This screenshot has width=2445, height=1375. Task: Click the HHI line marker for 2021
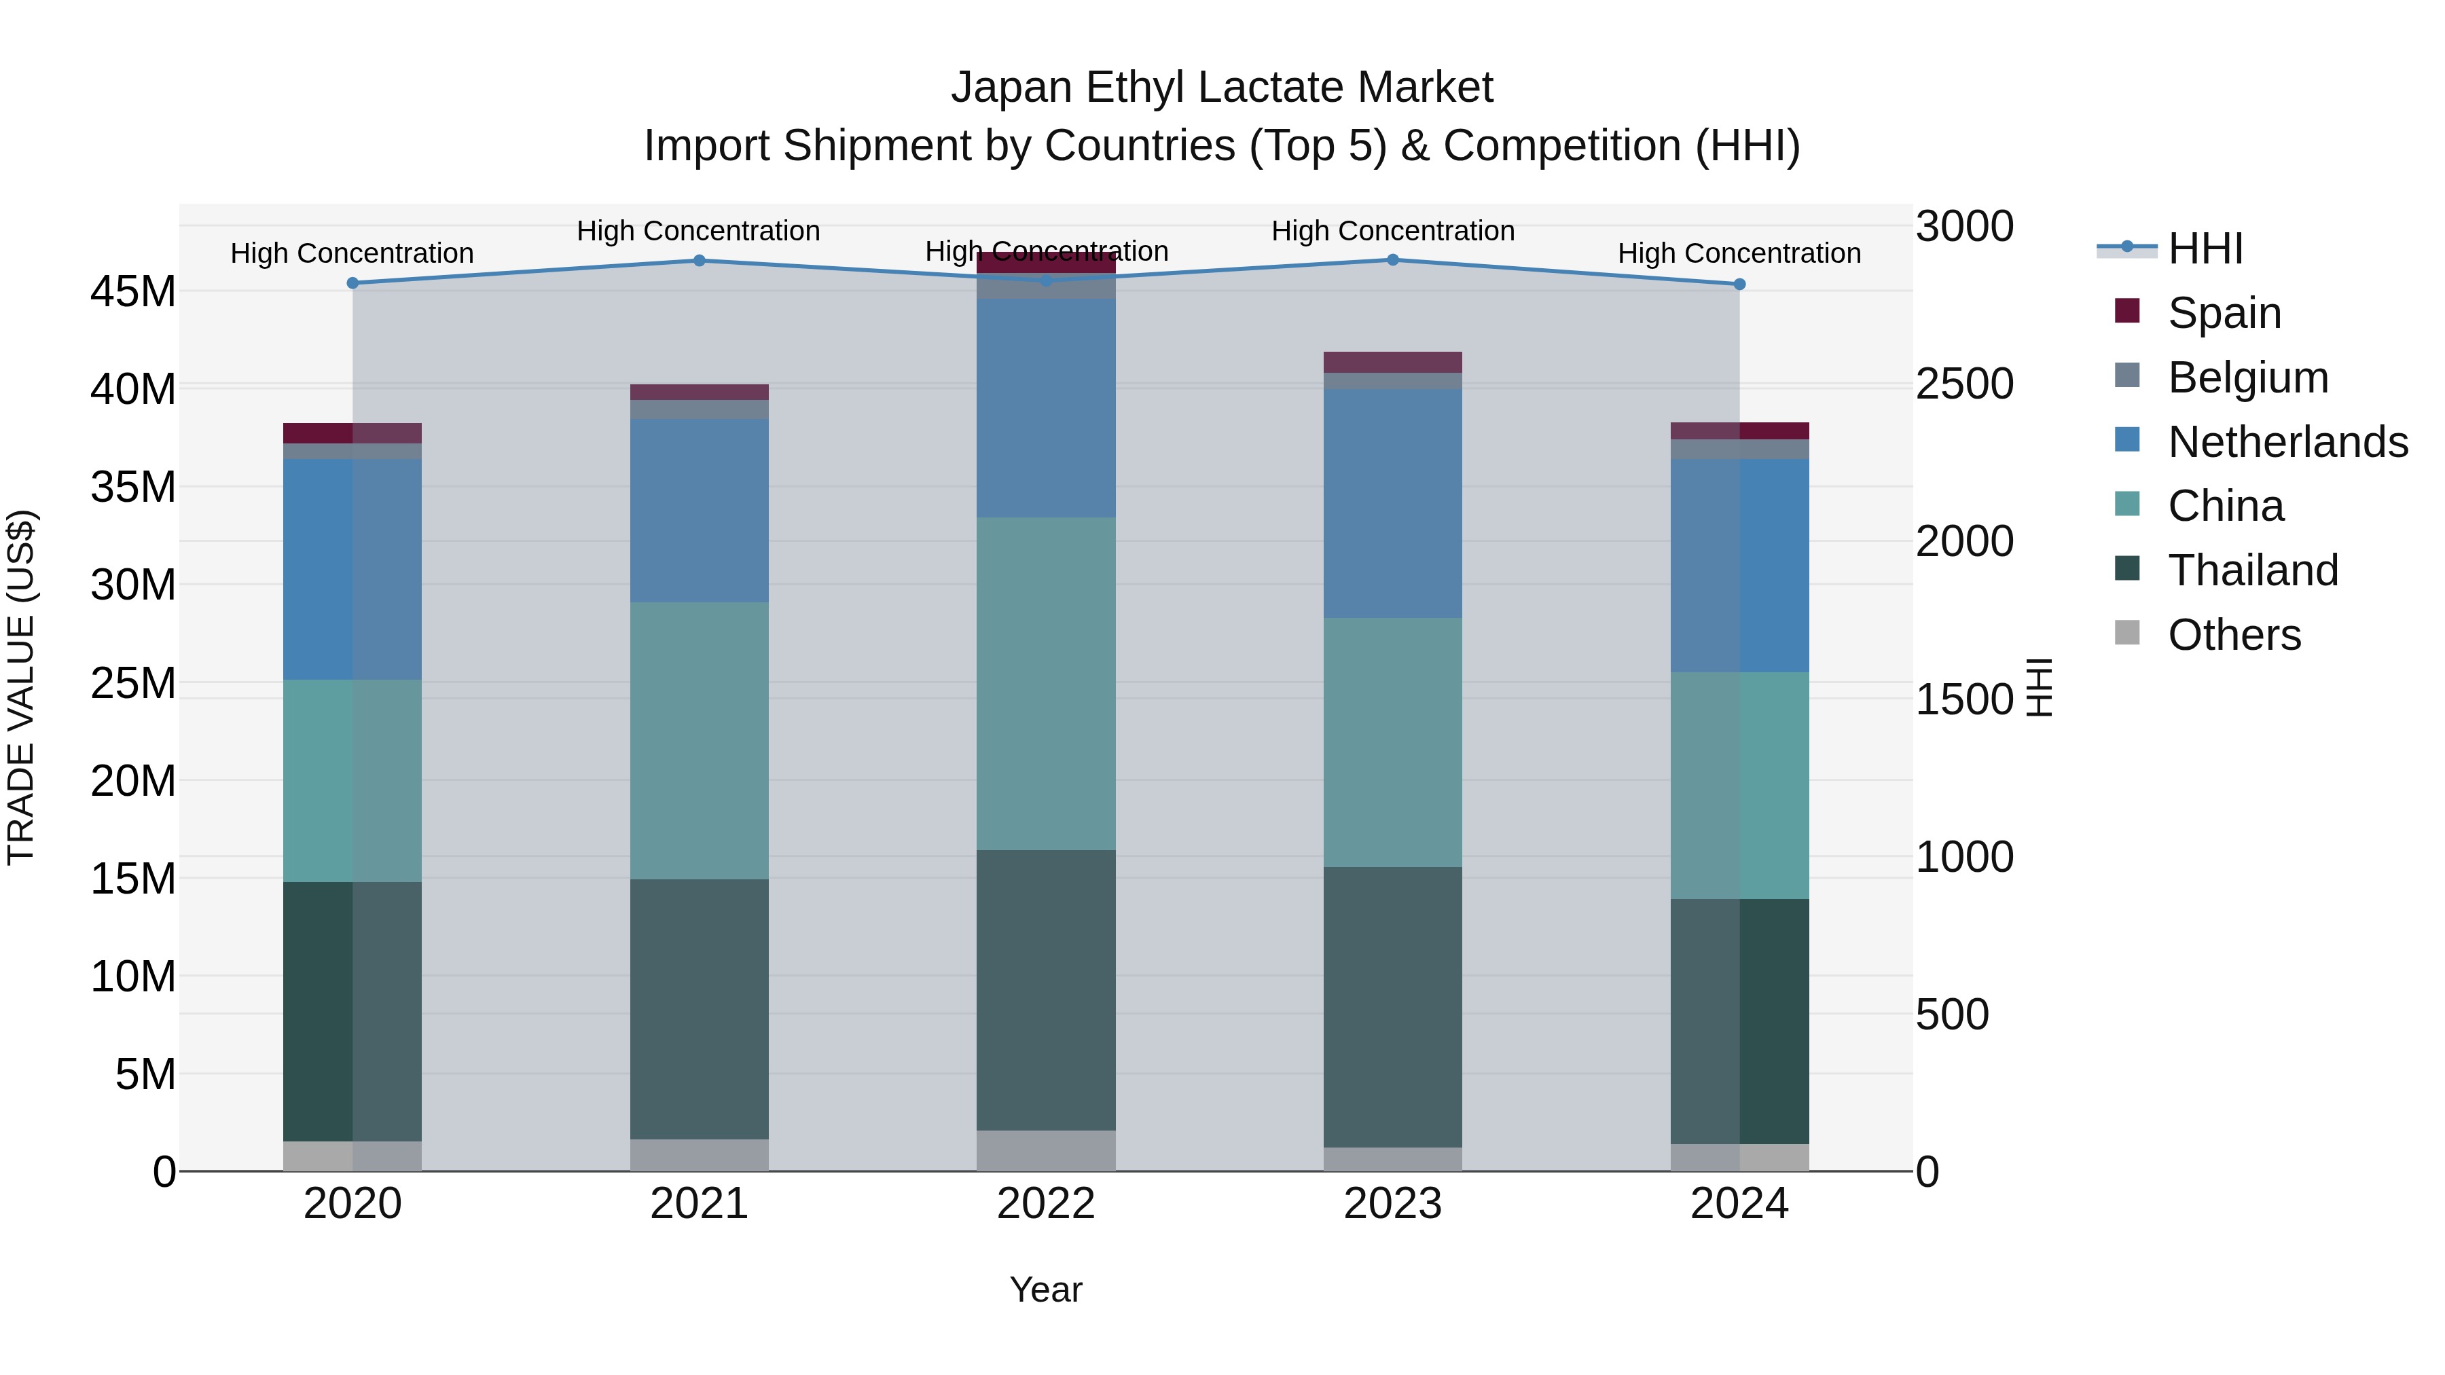[699, 260]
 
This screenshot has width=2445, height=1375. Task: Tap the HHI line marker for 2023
[1392, 259]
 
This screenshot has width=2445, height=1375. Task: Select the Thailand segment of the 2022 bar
[1046, 990]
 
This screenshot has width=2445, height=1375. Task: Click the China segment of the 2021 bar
[699, 740]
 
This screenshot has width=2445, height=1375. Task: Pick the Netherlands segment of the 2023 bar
[1392, 503]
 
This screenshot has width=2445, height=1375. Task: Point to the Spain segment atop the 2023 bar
[1392, 361]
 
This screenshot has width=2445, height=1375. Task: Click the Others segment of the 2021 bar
[699, 1155]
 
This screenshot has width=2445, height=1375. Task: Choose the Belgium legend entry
[2247, 378]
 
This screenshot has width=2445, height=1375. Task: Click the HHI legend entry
[2204, 249]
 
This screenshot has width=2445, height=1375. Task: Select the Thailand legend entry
[2251, 570]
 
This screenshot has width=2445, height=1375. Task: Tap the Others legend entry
[2232, 635]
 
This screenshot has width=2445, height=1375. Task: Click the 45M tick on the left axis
[133, 291]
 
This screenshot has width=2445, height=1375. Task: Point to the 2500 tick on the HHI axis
[1963, 384]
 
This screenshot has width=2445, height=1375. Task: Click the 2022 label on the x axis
[1046, 1204]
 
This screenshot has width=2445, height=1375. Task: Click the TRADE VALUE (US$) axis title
[22, 687]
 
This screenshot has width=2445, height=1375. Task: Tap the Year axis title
[1046, 1289]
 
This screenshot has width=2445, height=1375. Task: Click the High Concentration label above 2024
[1739, 253]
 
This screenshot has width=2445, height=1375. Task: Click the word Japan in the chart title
[1012, 88]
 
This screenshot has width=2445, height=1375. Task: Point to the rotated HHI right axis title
[2039, 687]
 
